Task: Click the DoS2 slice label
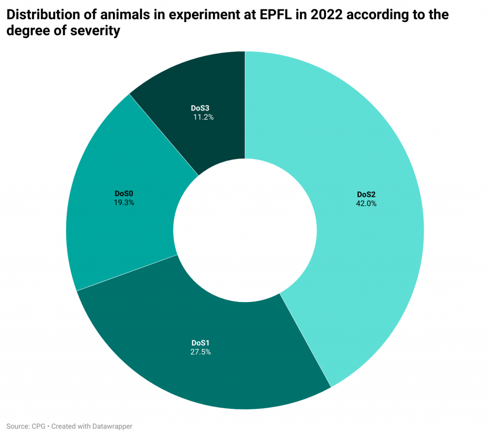pos(366,194)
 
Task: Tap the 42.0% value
pos(366,203)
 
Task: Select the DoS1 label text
pos(200,343)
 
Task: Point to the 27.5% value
pos(200,352)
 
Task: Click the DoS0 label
pos(123,193)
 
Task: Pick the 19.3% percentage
pos(123,202)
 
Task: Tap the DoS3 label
pos(200,108)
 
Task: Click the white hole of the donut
pos(245,230)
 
